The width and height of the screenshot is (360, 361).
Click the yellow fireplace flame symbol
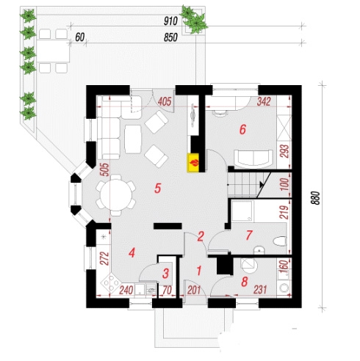[x=194, y=163]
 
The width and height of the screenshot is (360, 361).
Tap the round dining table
[x=116, y=195]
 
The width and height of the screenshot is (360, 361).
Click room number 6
[x=242, y=129]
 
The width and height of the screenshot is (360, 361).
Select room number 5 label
[x=158, y=189]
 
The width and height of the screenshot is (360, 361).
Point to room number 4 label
[x=132, y=252]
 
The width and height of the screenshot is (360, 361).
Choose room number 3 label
[x=166, y=273]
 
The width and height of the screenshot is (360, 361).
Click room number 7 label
[x=249, y=235]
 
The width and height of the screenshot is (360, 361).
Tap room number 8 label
[x=245, y=282]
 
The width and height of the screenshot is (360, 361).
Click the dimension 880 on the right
[x=316, y=198]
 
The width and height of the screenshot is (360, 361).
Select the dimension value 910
[x=170, y=21]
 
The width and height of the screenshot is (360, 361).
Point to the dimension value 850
[x=170, y=37]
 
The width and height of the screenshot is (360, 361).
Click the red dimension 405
[x=165, y=101]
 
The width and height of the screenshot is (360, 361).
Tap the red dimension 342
[x=264, y=101]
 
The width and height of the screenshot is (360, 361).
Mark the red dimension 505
[x=104, y=169]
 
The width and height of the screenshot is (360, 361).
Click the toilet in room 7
[x=280, y=241]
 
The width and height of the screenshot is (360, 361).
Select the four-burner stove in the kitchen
[x=110, y=283]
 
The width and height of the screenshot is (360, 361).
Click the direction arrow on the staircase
[x=262, y=185]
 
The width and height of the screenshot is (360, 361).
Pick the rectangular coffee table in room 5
[x=133, y=139]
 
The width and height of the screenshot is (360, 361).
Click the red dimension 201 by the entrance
[x=194, y=291]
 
